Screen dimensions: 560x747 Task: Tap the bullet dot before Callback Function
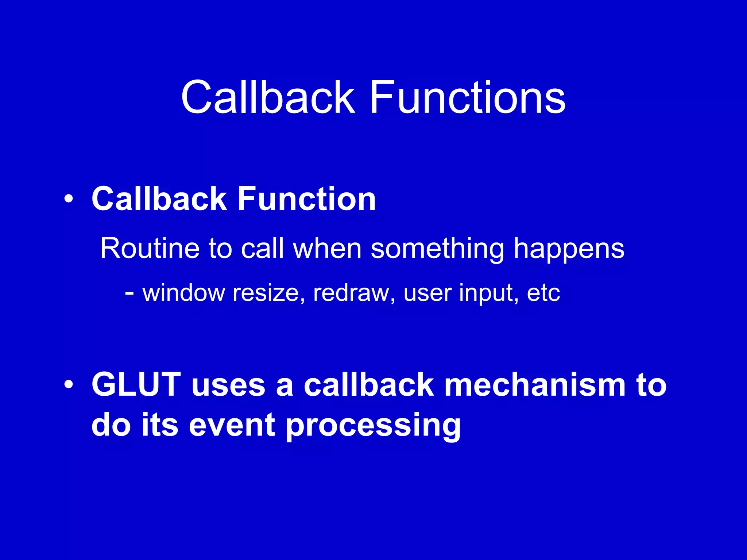(x=68, y=199)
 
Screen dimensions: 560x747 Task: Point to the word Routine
(x=150, y=248)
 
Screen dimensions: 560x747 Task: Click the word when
(x=327, y=248)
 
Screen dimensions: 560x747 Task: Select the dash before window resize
(x=129, y=292)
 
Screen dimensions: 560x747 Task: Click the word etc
(x=543, y=293)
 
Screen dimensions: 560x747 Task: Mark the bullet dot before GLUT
(x=68, y=385)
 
